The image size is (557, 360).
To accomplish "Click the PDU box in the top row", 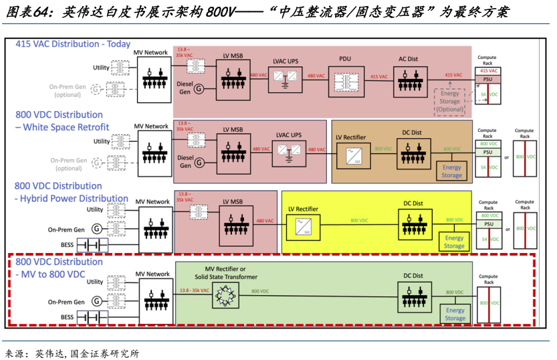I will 345,80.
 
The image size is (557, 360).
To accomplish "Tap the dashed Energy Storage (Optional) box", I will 449,101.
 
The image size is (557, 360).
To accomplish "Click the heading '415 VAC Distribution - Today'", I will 73,44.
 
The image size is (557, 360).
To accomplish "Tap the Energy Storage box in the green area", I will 455,314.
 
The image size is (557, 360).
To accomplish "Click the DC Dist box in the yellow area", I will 413,223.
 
